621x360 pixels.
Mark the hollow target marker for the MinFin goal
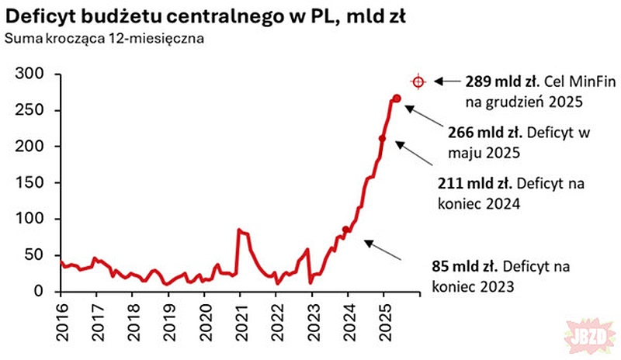418,81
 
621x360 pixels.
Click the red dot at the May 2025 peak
397,98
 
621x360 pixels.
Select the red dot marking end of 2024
382,139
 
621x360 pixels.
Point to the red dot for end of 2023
345,230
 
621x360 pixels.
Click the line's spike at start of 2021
238,230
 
